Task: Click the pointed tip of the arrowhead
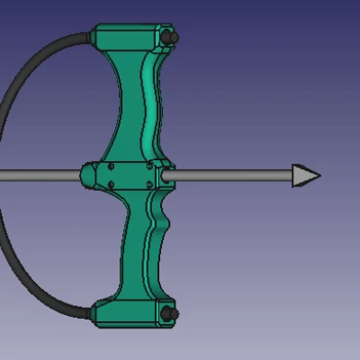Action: pos(319,175)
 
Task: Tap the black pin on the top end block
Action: pos(171,39)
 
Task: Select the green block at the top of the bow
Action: pos(130,39)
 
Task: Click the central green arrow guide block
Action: pos(126,175)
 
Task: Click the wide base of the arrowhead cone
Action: pos(293,175)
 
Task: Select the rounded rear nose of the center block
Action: pos(86,175)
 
